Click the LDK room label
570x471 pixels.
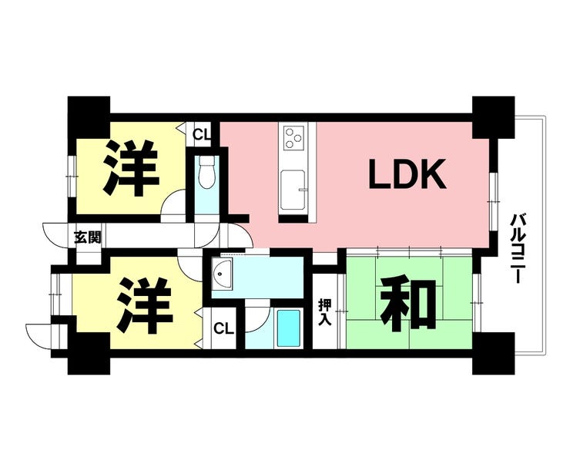(x=407, y=174)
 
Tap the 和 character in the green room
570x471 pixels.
(x=408, y=305)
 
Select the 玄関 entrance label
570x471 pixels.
(x=88, y=237)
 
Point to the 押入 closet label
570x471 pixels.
(x=324, y=311)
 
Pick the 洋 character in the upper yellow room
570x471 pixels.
(x=131, y=168)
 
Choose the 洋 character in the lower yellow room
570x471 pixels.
(x=144, y=306)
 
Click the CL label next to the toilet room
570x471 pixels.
(x=202, y=134)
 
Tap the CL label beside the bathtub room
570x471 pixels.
(x=223, y=328)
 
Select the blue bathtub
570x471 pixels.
(x=289, y=328)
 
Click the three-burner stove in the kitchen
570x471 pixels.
(x=293, y=138)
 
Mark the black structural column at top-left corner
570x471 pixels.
(x=89, y=116)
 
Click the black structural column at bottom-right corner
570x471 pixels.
(x=493, y=353)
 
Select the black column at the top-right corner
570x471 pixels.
(x=493, y=117)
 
